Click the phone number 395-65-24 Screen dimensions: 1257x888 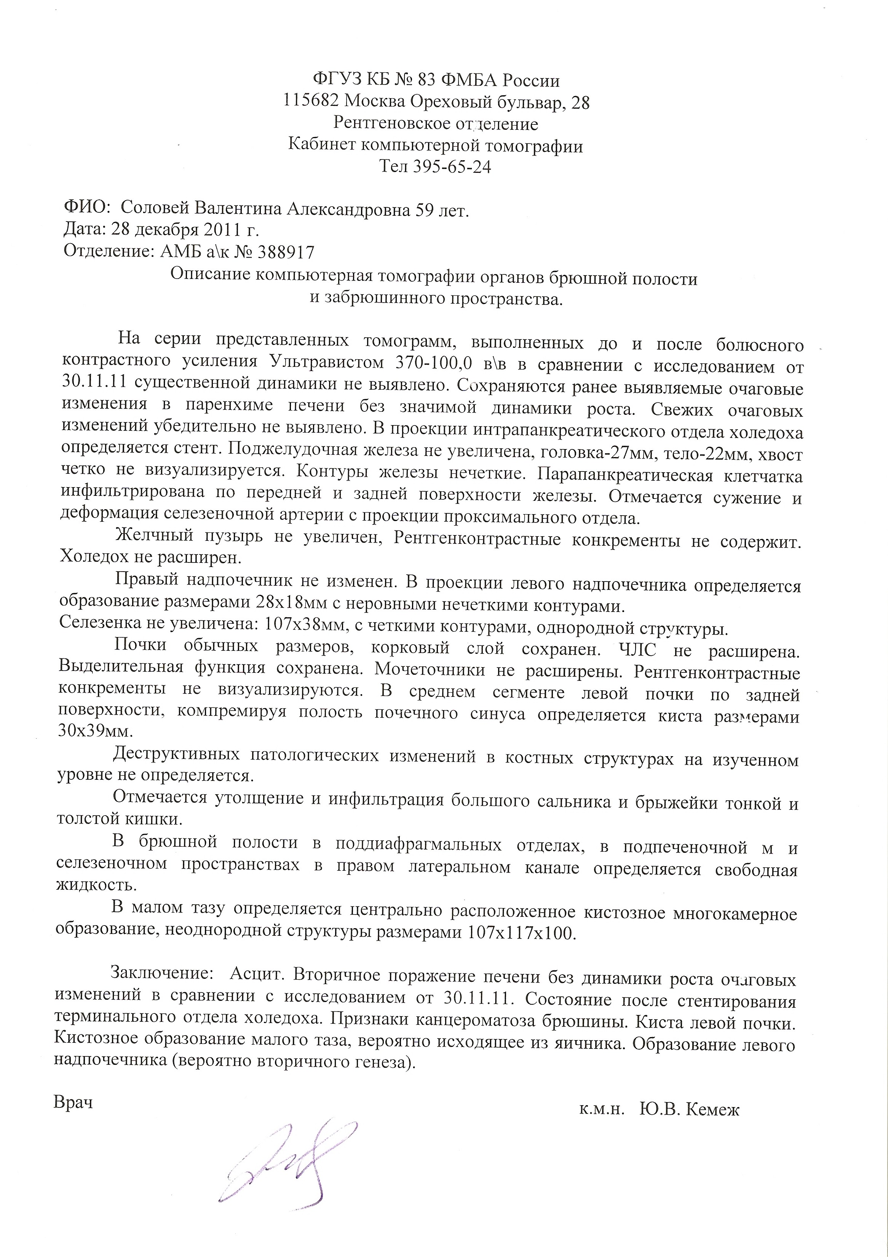tap(453, 166)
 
